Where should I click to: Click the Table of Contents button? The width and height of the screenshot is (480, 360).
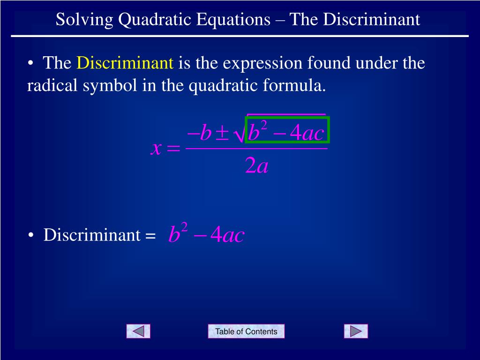coord(246,331)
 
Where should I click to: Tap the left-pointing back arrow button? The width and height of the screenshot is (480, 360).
coord(138,331)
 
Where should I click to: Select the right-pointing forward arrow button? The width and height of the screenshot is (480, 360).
coord(356,331)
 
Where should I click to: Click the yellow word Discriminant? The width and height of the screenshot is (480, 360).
coord(125,63)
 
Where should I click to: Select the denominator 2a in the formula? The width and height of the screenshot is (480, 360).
coord(256,166)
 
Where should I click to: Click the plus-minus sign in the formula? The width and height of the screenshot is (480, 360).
coord(222,135)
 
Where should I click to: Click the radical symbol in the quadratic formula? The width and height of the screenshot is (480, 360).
coord(239,135)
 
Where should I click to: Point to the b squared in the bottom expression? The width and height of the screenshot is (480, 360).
coord(178,233)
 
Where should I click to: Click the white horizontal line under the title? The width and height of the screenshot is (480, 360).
coord(240,36)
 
